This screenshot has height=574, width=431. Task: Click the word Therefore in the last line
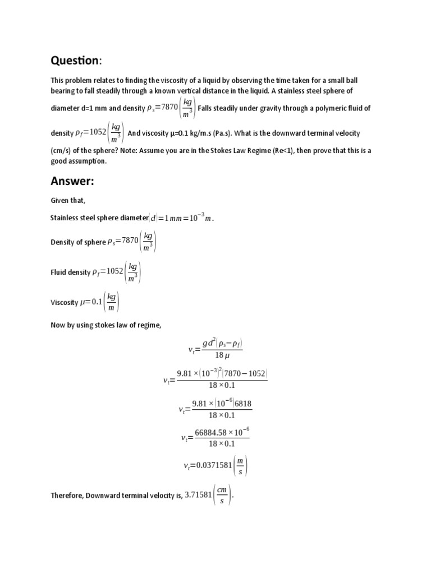pyautogui.click(x=68, y=496)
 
